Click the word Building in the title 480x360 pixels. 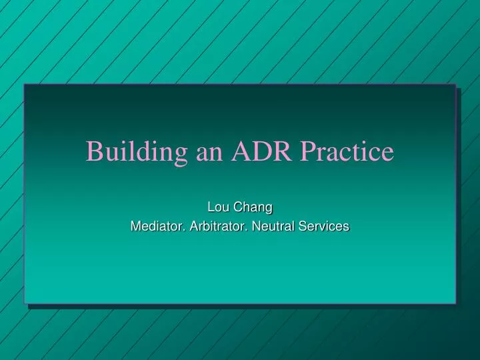point(137,152)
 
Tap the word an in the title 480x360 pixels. point(211,152)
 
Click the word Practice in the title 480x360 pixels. point(347,152)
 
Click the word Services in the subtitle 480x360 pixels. point(325,227)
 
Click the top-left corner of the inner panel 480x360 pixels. point(25,85)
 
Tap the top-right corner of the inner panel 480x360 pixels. point(455,85)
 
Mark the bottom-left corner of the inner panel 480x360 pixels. point(25,304)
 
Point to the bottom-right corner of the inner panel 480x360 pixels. point(455,304)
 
